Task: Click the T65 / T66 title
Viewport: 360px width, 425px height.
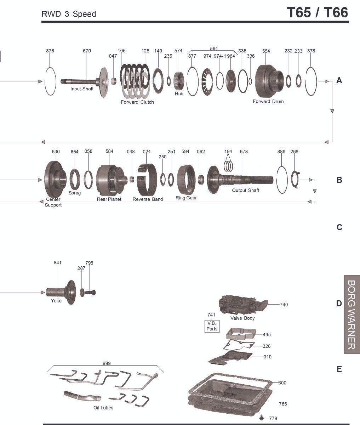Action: click(x=317, y=12)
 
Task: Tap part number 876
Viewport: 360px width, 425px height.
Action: click(x=50, y=51)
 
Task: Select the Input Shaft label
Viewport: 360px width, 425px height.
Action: click(x=82, y=89)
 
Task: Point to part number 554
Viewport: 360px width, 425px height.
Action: click(x=266, y=51)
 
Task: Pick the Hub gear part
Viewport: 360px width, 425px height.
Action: click(x=179, y=81)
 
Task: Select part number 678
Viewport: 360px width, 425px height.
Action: click(x=244, y=152)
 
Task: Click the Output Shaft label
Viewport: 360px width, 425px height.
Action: click(x=246, y=191)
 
